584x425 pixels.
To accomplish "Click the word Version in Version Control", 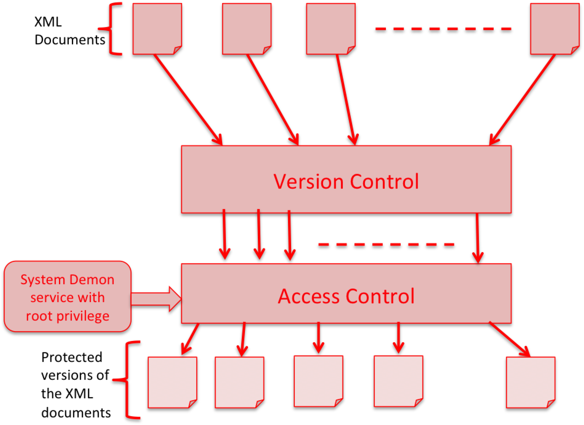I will pyautogui.click(x=308, y=182).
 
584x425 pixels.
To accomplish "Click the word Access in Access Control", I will pyautogui.click(x=309, y=296).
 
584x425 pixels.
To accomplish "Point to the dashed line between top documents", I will pyautogui.click(x=443, y=29).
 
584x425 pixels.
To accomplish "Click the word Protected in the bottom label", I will pyautogui.click(x=72, y=357).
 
